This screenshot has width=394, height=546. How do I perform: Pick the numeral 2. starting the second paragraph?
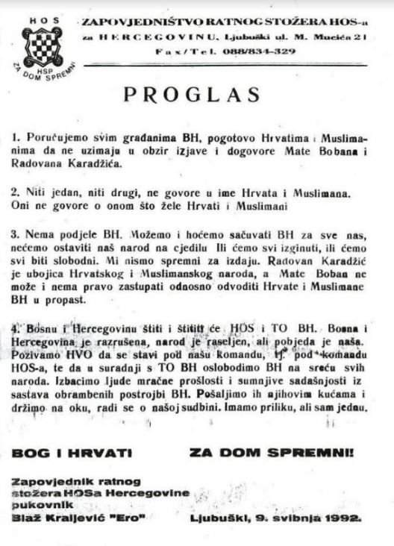16,191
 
